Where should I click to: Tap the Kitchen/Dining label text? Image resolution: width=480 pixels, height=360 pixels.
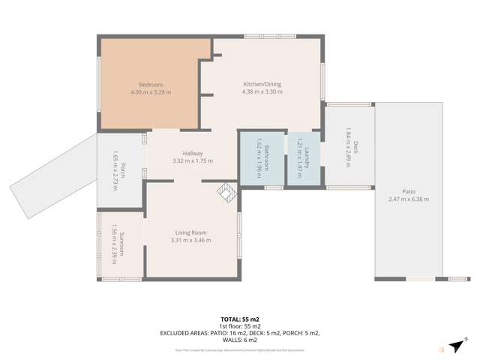tap(262, 84)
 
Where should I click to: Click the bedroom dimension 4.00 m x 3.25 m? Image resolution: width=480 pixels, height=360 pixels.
tap(151, 92)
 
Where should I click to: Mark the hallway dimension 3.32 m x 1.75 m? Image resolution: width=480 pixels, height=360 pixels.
tap(193, 161)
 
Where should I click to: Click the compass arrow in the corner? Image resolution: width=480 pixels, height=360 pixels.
tap(456, 345)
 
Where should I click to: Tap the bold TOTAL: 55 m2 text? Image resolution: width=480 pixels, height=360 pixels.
tap(240, 319)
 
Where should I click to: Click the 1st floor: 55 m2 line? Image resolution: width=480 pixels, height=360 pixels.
tap(240, 326)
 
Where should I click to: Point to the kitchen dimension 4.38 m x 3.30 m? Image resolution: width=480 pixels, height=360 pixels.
tap(262, 91)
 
